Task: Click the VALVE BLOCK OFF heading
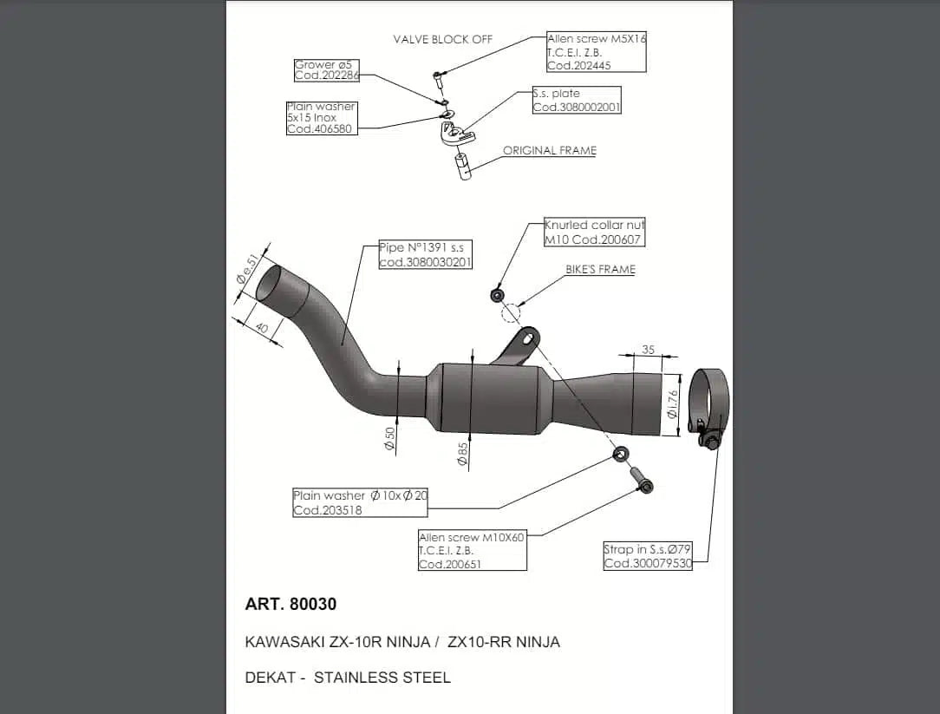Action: (x=442, y=39)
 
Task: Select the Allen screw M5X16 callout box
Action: (x=597, y=52)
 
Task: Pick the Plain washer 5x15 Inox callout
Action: (x=321, y=118)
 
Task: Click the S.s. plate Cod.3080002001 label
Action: (x=577, y=100)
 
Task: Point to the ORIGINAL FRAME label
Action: (x=550, y=150)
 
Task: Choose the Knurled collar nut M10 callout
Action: (x=594, y=232)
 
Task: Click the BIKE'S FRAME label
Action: (x=600, y=270)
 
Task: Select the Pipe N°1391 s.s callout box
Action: (x=425, y=255)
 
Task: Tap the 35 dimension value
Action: (x=648, y=350)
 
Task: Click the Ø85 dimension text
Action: (x=463, y=453)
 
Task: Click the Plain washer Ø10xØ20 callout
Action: (x=360, y=502)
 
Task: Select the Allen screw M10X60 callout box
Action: (x=472, y=551)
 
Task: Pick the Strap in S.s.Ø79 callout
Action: (x=647, y=556)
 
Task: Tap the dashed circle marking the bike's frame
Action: (x=511, y=311)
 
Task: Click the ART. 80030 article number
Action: (x=290, y=604)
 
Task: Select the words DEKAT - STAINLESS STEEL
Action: (x=348, y=678)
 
